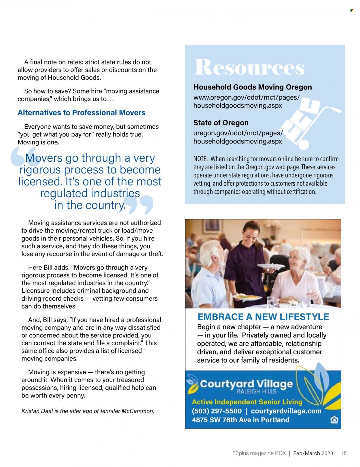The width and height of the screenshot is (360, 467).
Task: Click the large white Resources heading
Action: click(249, 67)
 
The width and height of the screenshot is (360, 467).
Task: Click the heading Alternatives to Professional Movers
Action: click(82, 113)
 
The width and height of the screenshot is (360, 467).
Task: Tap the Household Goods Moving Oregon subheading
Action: click(252, 87)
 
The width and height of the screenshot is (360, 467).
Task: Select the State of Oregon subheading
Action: click(221, 123)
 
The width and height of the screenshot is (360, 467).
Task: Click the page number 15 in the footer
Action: click(344, 453)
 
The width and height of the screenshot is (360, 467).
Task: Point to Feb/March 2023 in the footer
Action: click(313, 453)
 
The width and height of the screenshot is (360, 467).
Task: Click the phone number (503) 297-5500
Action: click(217, 411)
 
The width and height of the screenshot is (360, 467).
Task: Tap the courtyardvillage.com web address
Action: click(286, 411)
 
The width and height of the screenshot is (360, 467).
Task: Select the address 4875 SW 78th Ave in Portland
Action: click(240, 420)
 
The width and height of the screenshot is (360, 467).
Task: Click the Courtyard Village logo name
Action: click(246, 384)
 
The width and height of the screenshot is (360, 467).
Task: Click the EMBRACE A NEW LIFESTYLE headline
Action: click(263, 317)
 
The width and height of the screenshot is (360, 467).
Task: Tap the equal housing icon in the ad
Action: click(334, 420)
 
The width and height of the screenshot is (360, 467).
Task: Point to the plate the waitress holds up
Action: click(271, 267)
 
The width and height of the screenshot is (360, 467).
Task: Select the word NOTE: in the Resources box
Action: click(200, 159)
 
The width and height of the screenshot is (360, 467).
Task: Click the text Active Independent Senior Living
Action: click(247, 402)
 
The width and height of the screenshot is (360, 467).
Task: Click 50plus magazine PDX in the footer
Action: click(259, 453)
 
